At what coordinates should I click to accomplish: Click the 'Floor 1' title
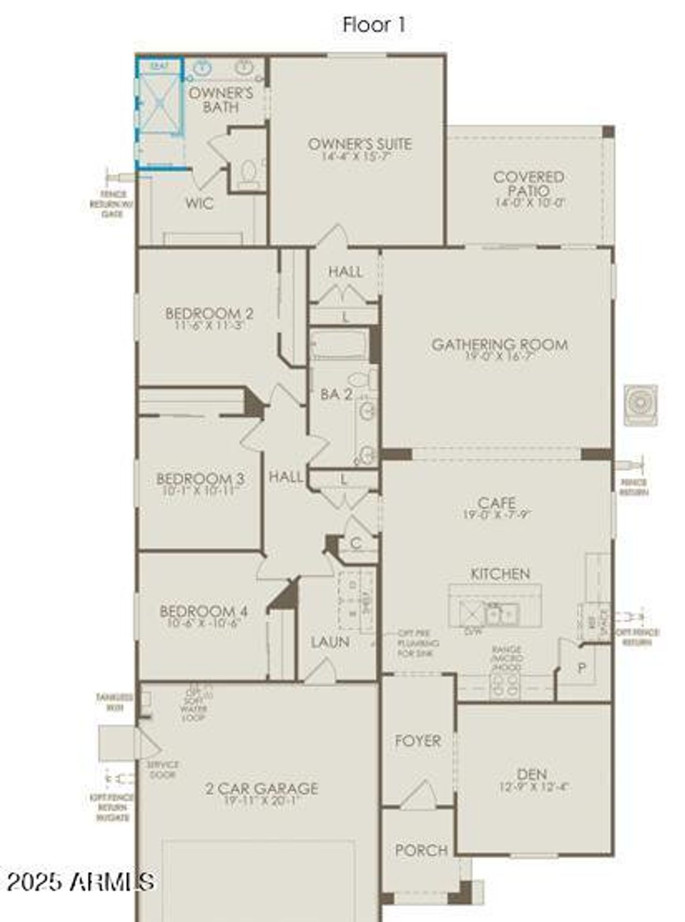(x=374, y=25)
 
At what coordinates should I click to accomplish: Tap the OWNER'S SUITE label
(x=360, y=144)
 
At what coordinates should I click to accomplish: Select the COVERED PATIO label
(x=529, y=183)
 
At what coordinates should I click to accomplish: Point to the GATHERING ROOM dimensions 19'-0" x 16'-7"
(x=499, y=357)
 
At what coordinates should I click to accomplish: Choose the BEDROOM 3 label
(x=200, y=478)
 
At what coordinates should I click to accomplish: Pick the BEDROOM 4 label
(x=203, y=611)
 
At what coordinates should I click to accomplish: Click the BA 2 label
(x=336, y=395)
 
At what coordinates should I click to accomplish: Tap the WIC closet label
(x=199, y=203)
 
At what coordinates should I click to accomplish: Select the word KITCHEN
(x=500, y=574)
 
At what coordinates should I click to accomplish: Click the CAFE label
(x=497, y=503)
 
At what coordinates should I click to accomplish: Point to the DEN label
(x=532, y=774)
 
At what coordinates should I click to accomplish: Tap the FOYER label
(x=418, y=741)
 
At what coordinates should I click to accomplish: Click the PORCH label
(x=421, y=850)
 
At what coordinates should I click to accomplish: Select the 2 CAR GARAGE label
(x=262, y=788)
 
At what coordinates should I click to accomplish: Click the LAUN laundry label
(x=330, y=642)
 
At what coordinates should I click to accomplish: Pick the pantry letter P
(x=582, y=668)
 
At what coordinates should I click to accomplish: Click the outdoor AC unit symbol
(x=640, y=404)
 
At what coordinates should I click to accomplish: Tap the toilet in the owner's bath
(x=248, y=173)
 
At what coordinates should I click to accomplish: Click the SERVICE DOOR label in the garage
(x=163, y=770)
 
